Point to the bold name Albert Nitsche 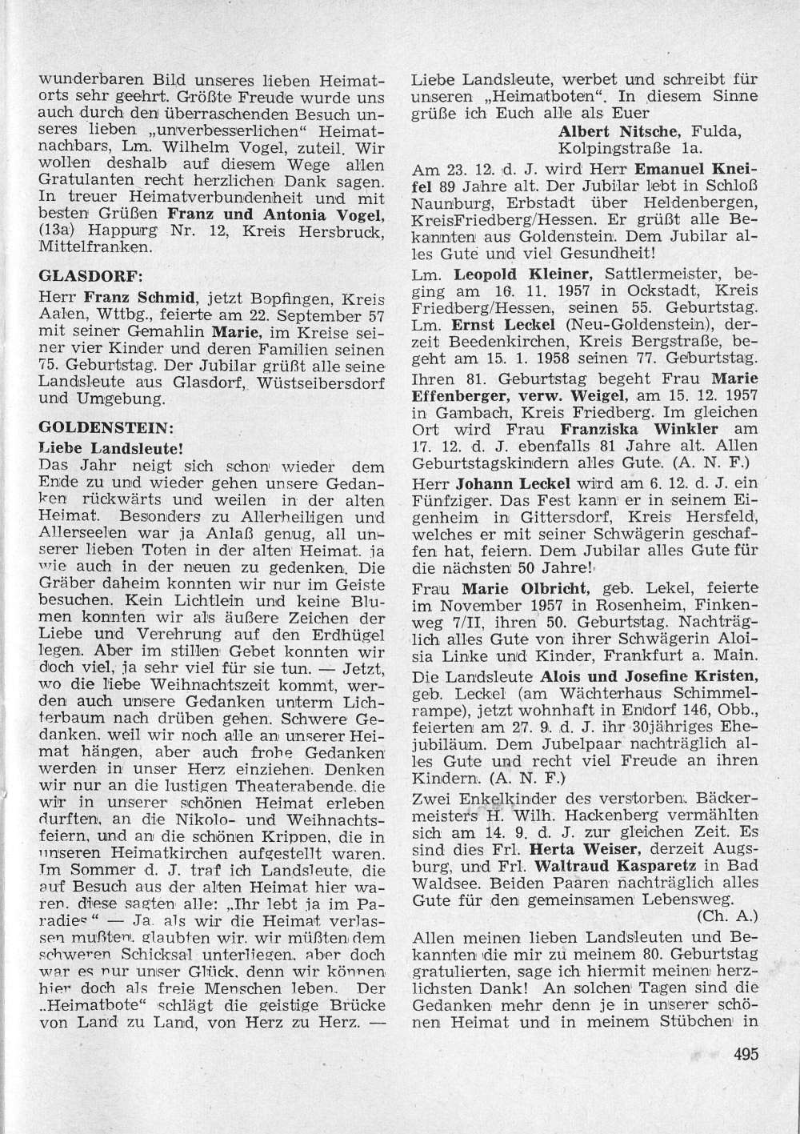click(x=614, y=130)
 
